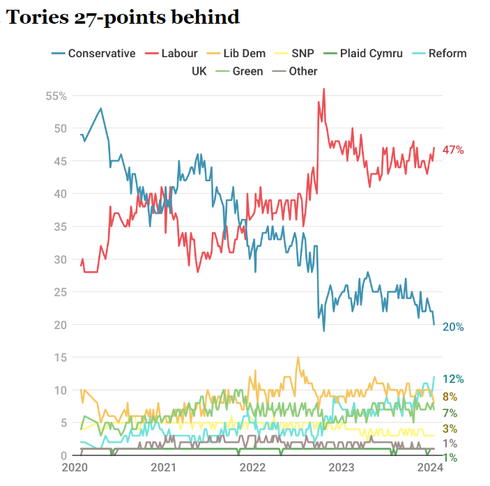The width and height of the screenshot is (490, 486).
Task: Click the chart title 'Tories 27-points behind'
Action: coord(123,17)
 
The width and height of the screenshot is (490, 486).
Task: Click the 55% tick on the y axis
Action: coord(56,96)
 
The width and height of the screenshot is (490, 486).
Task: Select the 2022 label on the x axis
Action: coord(252,467)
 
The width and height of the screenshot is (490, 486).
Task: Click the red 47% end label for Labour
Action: coord(452,150)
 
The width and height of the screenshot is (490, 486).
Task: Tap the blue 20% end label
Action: coord(452,327)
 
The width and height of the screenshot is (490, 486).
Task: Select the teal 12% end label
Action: coord(453,379)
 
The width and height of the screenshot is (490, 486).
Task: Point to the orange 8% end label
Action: coord(450,396)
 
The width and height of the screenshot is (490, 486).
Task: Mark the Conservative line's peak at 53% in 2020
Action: coord(101,108)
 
